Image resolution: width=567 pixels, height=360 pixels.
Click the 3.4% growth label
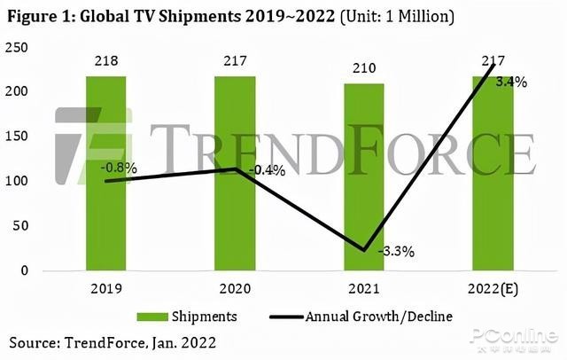(x=511, y=82)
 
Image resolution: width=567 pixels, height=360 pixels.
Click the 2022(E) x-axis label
(x=493, y=288)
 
